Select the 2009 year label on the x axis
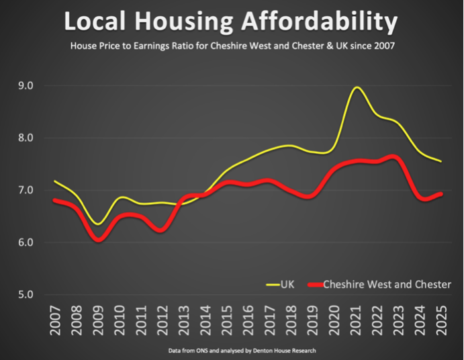tap(99, 322)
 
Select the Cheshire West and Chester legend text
tap(387, 285)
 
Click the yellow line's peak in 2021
tap(357, 87)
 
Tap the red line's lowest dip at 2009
tap(99, 240)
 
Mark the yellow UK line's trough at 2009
tap(99, 224)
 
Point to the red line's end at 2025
tap(440, 194)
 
